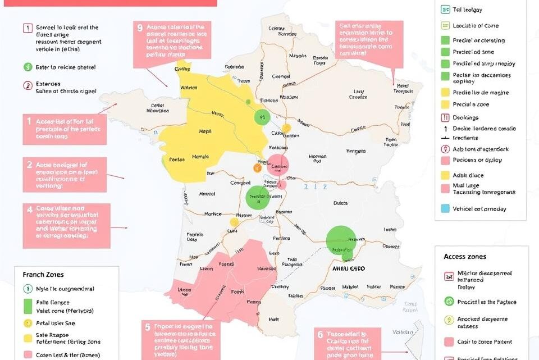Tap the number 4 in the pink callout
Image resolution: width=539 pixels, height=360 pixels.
[x=29, y=208]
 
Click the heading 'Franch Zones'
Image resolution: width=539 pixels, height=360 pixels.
[x=43, y=275]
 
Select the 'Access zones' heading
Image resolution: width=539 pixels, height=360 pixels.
[x=465, y=256]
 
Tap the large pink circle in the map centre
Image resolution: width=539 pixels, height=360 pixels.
[x=277, y=166]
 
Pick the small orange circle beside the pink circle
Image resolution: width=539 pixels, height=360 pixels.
[x=258, y=167]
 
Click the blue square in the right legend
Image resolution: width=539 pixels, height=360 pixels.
[x=445, y=208]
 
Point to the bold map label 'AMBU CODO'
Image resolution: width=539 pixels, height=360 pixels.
[x=346, y=268]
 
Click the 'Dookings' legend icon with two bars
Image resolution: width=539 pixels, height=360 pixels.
[x=445, y=118]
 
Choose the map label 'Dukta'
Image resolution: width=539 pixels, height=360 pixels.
[x=340, y=203]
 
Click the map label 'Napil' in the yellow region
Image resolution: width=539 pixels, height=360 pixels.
[x=205, y=131]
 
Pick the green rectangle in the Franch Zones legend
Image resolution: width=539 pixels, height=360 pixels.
[x=28, y=306]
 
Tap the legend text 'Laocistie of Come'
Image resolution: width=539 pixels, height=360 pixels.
[x=476, y=25]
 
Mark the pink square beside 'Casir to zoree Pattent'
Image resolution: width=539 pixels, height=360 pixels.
[x=449, y=341]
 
